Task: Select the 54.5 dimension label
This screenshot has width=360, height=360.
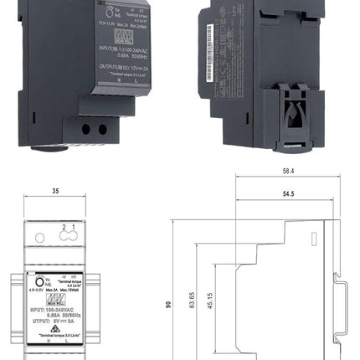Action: (287, 193)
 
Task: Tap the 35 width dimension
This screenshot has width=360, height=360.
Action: (55, 191)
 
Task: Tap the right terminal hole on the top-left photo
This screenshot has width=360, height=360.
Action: (103, 130)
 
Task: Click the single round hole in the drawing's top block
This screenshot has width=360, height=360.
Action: (39, 237)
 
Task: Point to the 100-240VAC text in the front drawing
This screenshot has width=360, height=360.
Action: (64, 309)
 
